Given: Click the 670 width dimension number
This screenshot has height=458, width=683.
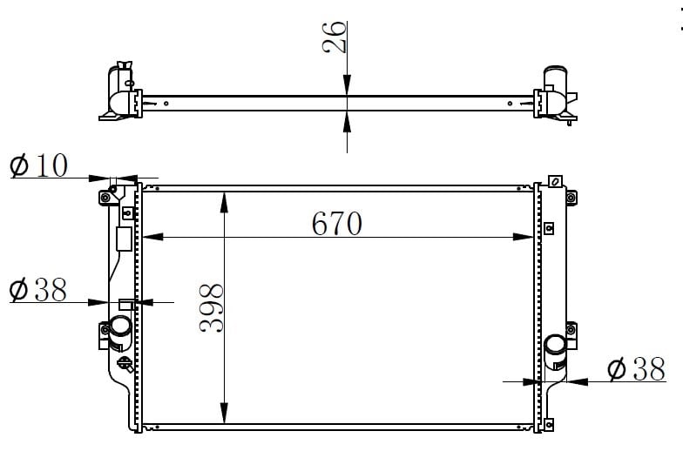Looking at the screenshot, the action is tap(336, 223).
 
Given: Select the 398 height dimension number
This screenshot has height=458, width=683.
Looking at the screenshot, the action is tap(212, 308).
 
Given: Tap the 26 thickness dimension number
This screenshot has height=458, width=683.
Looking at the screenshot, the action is tap(335, 37).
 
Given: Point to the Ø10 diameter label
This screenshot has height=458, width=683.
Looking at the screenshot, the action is tap(38, 165).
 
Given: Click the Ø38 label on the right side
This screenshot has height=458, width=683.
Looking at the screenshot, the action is tap(636, 369).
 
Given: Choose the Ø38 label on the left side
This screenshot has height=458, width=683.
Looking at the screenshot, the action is tap(38, 289).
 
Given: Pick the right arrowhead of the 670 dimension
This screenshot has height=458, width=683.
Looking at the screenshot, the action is tap(523, 237).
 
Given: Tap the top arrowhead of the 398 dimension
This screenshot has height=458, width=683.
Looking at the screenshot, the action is tap(224, 202).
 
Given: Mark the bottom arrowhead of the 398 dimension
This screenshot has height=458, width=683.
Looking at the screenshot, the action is tap(224, 413).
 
